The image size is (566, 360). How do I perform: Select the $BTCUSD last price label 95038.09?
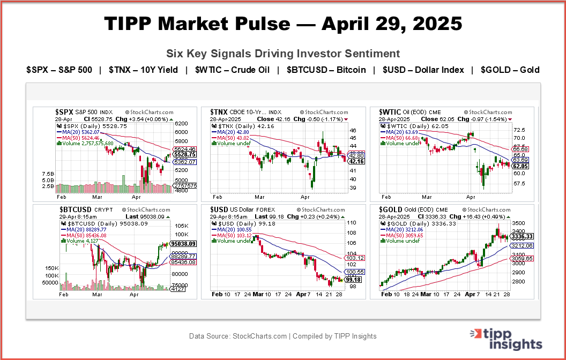pyautogui.click(x=184, y=244)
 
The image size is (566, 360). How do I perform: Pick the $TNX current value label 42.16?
pyautogui.click(x=356, y=161)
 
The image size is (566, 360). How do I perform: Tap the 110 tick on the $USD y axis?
pyautogui.click(x=353, y=222)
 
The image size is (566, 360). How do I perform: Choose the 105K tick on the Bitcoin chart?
pyautogui.click(x=180, y=226)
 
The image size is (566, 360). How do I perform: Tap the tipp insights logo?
pyautogui.click(x=507, y=339)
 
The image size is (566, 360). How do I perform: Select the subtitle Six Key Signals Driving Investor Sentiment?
pyautogui.click(x=283, y=54)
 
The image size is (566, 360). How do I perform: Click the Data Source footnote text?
pyautogui.click(x=283, y=336)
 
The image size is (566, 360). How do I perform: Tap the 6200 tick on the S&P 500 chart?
pyautogui.click(x=182, y=123)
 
